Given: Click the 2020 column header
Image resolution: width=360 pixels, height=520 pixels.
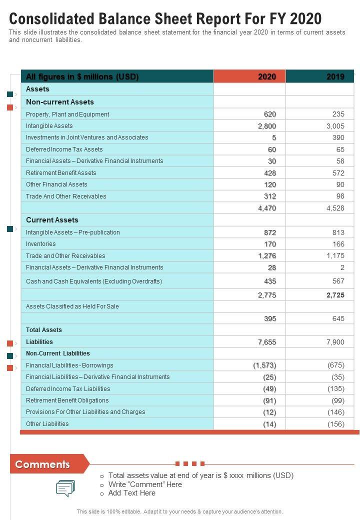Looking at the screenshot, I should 267,76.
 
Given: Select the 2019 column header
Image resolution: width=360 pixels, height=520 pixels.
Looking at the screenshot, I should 335,76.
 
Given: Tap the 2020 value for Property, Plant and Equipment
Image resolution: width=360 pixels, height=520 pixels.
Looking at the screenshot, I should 270,114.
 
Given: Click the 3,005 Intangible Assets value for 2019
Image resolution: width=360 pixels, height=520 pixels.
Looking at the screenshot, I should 335,126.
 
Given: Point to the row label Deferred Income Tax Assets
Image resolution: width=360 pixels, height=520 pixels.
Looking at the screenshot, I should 64,149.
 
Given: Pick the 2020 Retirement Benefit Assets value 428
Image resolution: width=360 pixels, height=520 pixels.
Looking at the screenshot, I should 270,173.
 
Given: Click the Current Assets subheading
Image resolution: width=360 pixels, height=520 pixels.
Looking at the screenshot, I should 52,220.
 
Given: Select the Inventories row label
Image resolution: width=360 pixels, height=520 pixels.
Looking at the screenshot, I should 41,244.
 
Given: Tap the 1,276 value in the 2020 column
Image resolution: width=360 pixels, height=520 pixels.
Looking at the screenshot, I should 267,256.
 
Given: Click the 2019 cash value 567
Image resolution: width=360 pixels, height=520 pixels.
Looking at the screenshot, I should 338,281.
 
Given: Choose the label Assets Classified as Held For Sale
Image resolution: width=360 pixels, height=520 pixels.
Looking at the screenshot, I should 72,306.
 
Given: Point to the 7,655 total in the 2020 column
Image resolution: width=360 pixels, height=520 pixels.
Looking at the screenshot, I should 267,342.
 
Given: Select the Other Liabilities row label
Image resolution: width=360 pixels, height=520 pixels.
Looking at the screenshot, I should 47,424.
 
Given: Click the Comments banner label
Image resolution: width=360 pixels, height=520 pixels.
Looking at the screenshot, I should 42,464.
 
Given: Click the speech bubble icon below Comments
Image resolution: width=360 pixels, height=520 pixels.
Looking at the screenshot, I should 65,488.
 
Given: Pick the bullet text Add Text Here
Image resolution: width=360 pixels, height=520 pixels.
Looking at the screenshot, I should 132,493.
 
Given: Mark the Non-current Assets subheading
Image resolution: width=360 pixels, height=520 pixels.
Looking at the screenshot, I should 60,102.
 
